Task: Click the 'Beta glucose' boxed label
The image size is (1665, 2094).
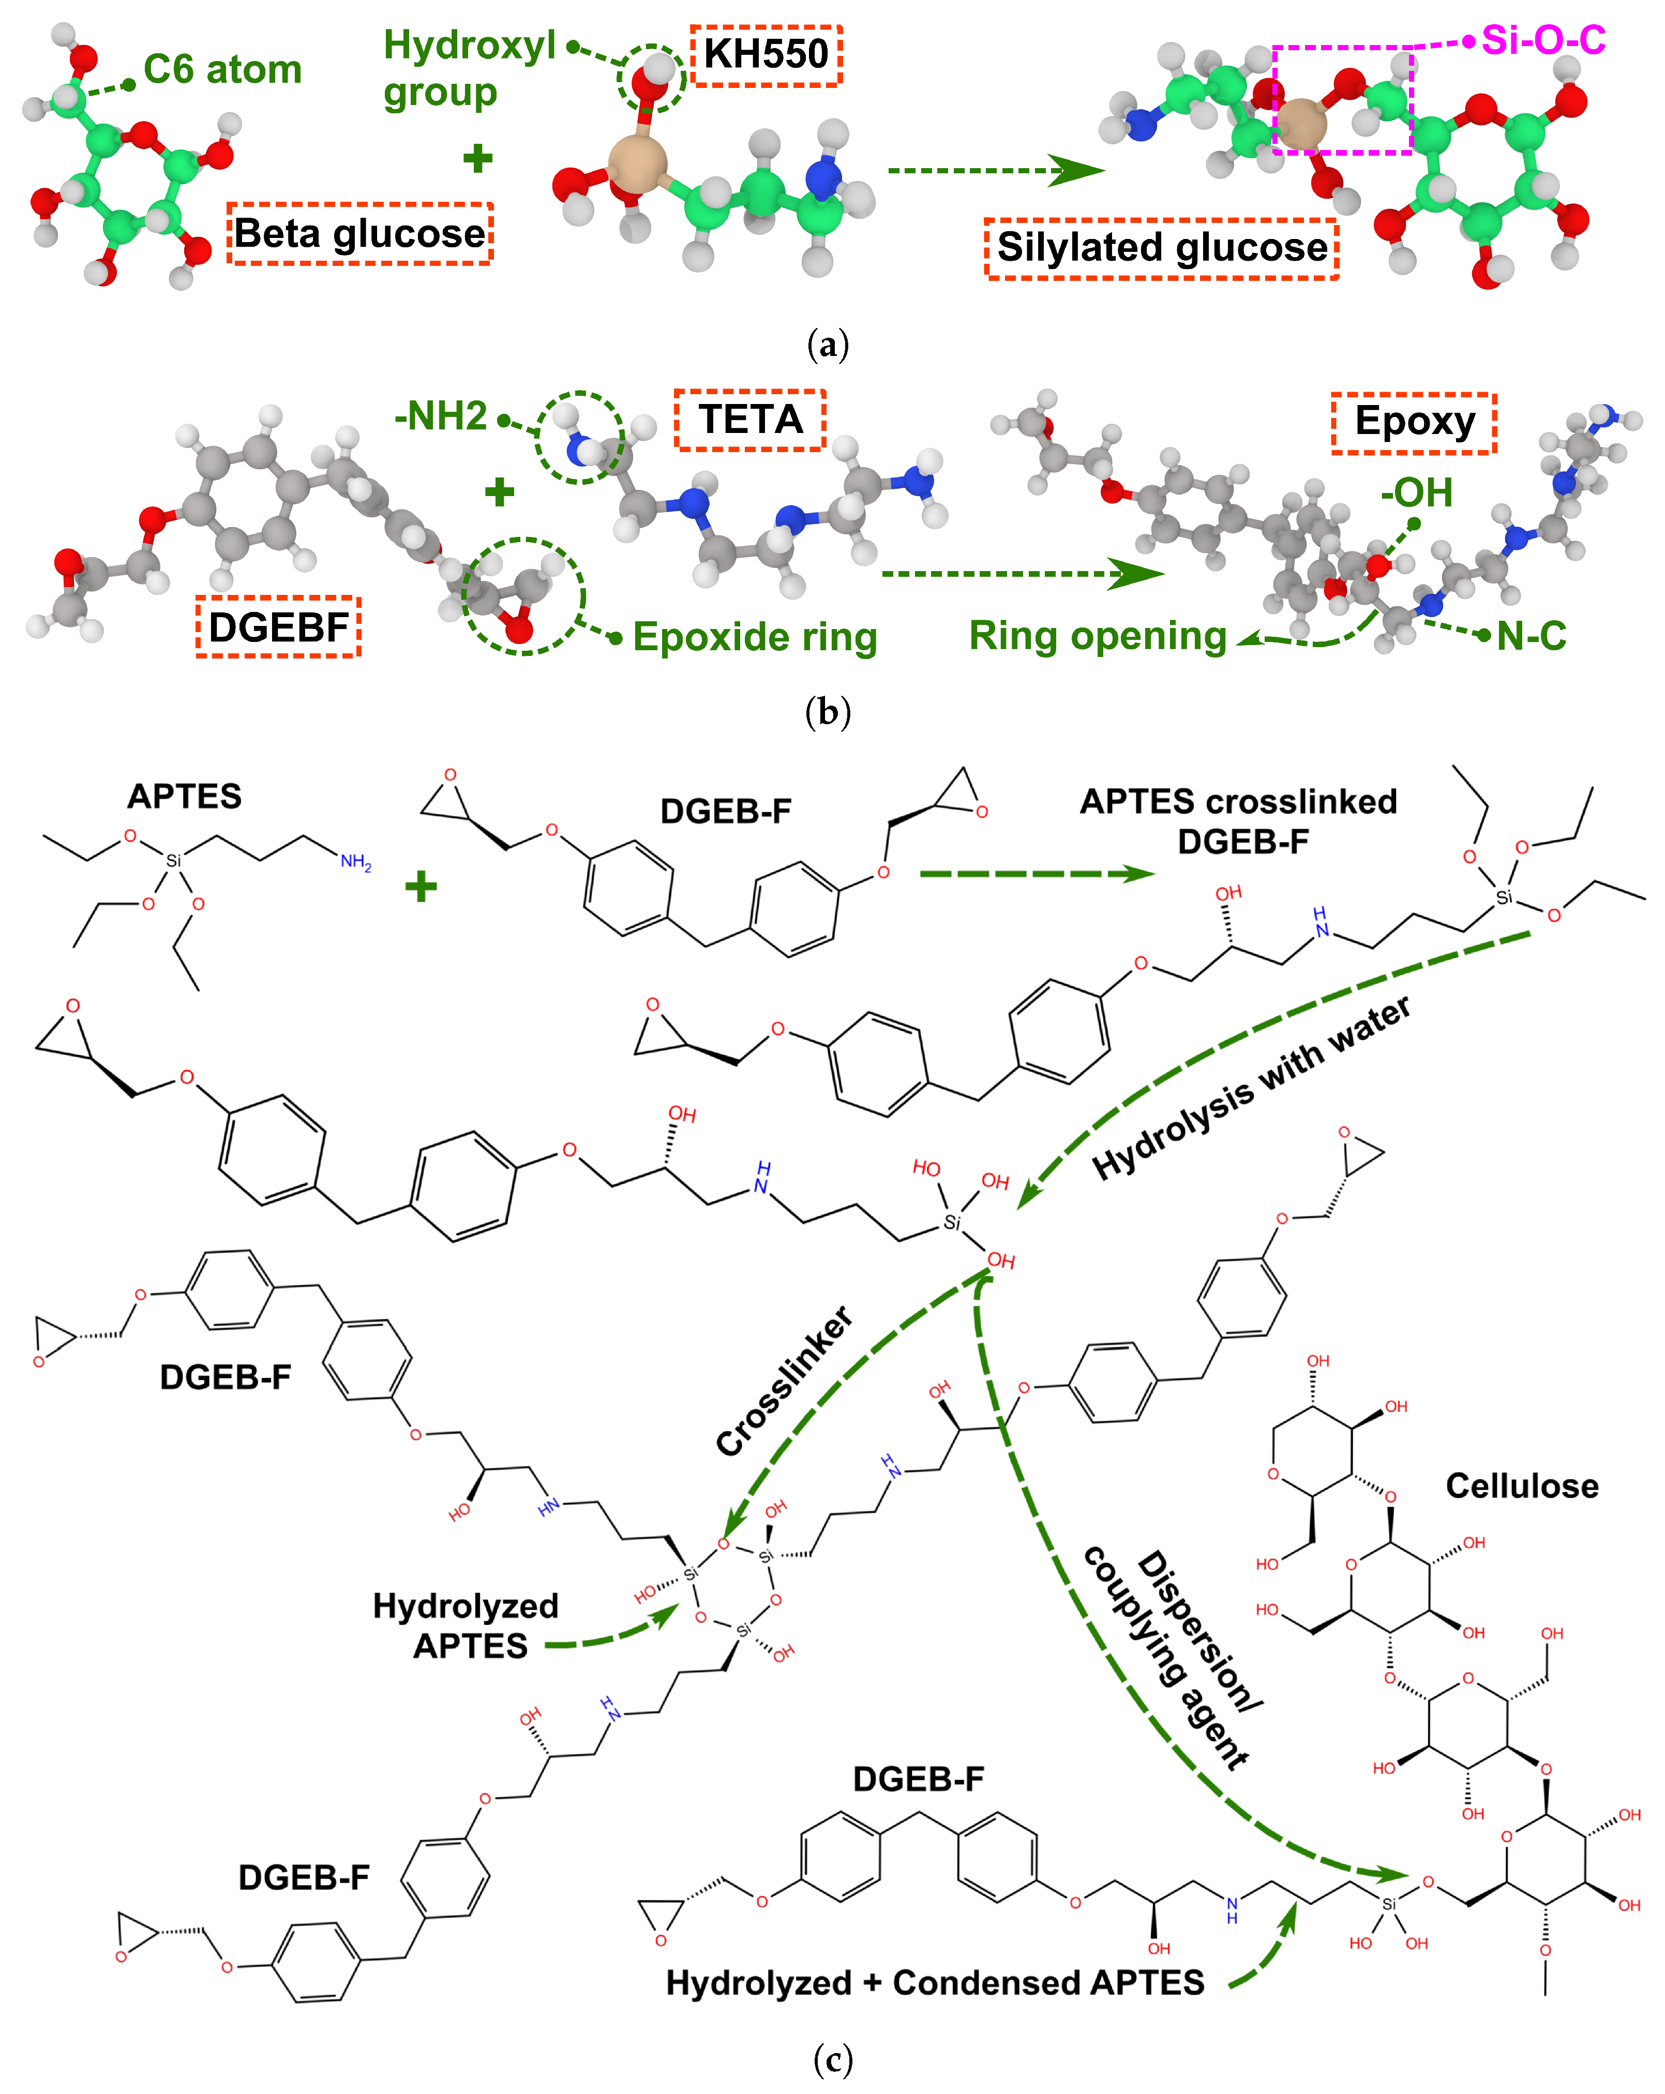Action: point(359,233)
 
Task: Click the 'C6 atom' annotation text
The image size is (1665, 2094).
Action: point(222,70)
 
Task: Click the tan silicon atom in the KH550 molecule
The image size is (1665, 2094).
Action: point(637,162)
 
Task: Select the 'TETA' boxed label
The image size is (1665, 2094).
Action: point(750,420)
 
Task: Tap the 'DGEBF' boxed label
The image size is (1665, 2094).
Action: point(279,627)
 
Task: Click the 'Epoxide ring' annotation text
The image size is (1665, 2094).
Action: point(755,637)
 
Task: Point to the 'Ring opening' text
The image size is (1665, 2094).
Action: point(1098,636)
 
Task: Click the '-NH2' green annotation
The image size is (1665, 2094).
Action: point(440,416)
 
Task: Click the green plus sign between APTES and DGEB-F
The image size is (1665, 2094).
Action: point(421,886)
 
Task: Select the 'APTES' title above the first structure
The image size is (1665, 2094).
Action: point(185,797)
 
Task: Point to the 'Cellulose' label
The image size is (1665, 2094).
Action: point(1521,1486)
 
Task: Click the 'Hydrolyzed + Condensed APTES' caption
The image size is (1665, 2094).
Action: point(935,1982)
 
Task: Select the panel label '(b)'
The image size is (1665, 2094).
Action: point(828,712)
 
